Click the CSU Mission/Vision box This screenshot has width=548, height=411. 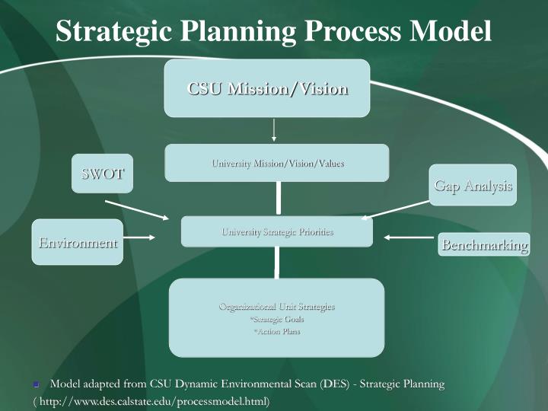pyautogui.click(x=267, y=88)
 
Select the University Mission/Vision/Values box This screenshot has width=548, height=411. pyautogui.click(x=277, y=163)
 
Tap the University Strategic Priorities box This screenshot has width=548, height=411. pyautogui.click(x=277, y=231)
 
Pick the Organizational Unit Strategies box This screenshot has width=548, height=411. pyautogui.click(x=276, y=317)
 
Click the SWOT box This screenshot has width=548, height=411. pyautogui.click(x=103, y=174)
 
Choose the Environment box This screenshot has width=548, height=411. pyautogui.click(x=78, y=242)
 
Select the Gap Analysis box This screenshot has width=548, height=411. pyautogui.click(x=473, y=185)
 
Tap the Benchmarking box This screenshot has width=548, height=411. pyautogui.click(x=485, y=244)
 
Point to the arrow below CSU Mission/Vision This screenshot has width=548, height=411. pyautogui.click(x=273, y=130)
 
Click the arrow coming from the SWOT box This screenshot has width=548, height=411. pyautogui.click(x=137, y=210)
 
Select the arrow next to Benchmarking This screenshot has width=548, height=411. pyautogui.click(x=408, y=237)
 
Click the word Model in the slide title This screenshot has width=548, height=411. pyautogui.click(x=451, y=31)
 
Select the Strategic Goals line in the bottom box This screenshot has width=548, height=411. pyautogui.click(x=276, y=319)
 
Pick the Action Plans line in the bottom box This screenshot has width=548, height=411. pyautogui.click(x=276, y=331)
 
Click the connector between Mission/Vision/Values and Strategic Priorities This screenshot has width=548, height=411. pyautogui.click(x=279, y=199)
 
